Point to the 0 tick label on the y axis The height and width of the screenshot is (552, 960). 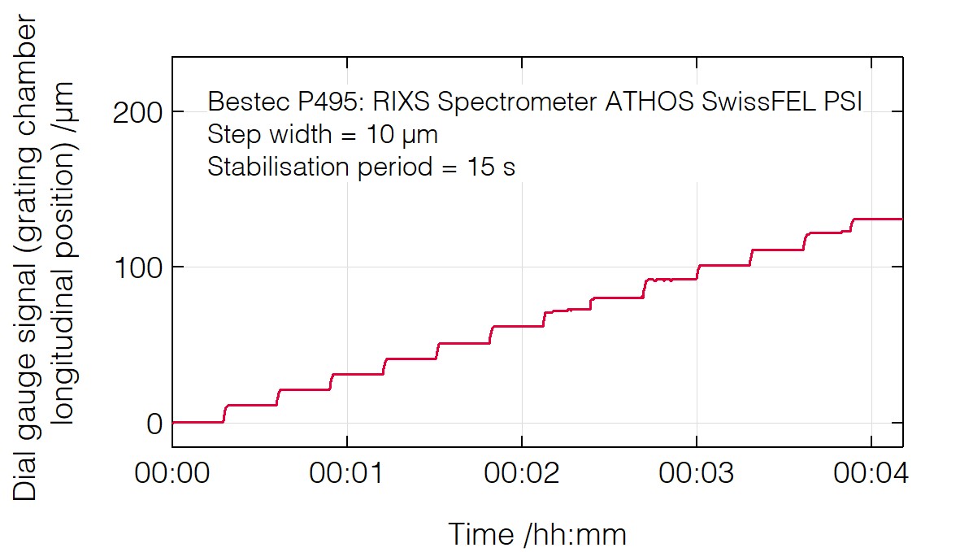coord(154,424)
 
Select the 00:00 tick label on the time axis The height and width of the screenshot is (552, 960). coord(172,474)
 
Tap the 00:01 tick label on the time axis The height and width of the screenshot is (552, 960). coord(347,474)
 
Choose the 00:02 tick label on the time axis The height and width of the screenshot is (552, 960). coord(522,474)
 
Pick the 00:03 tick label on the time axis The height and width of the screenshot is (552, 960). coord(697,474)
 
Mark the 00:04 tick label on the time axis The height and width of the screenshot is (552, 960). coord(871,474)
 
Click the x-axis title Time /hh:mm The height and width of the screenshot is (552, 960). coord(537,534)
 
